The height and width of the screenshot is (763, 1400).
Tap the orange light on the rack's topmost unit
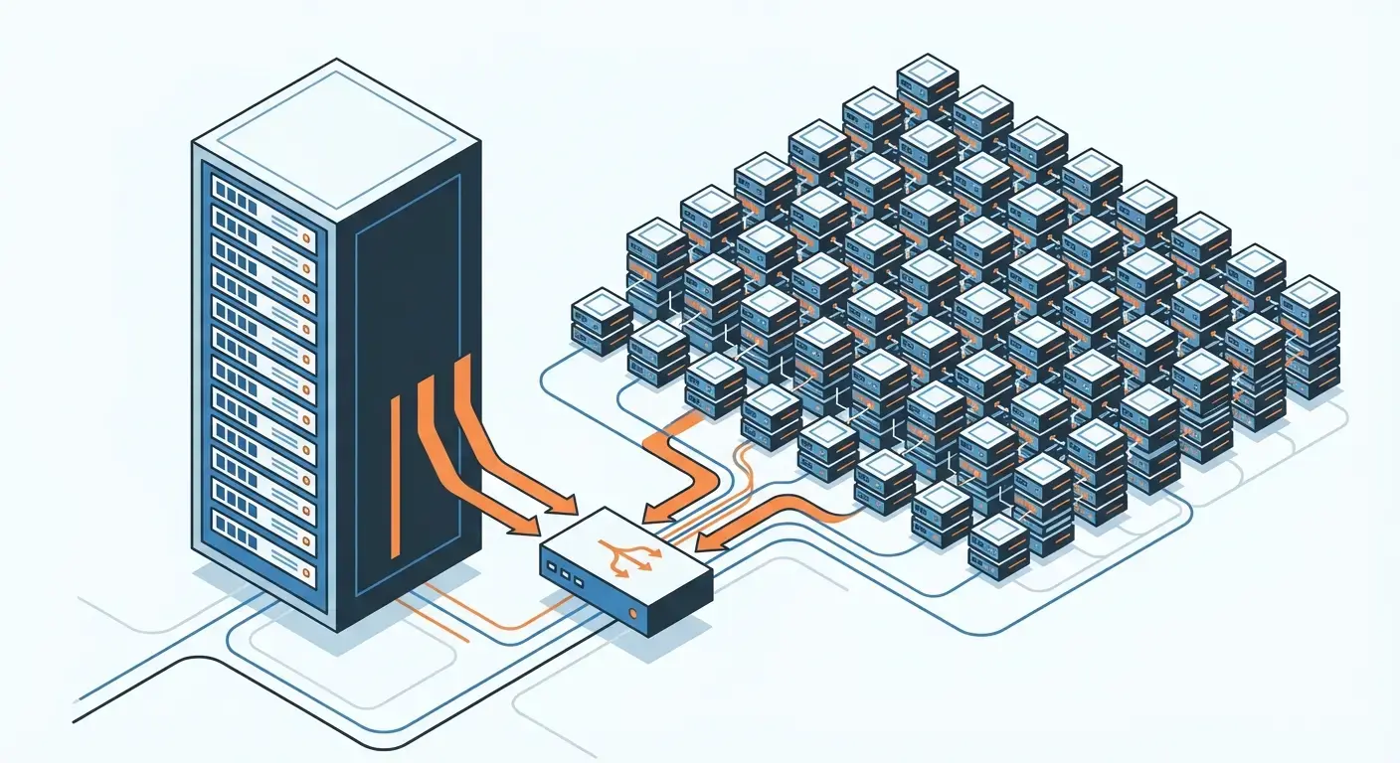point(307,238)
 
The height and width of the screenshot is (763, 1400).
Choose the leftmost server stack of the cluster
point(602,320)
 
